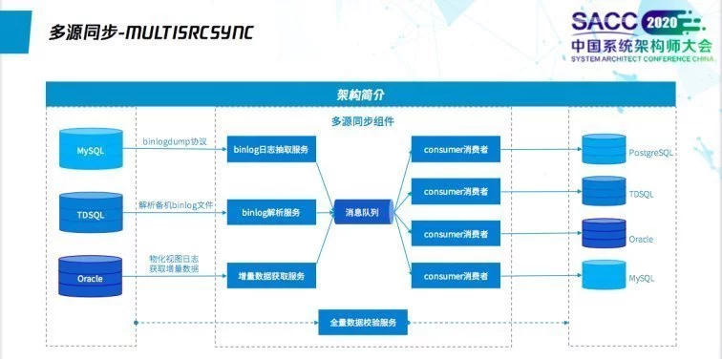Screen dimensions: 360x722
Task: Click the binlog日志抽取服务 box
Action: coord(271,149)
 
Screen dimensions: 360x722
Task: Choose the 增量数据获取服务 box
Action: coord(271,277)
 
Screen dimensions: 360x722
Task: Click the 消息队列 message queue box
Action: coord(362,213)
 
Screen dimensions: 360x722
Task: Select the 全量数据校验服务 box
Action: coord(362,323)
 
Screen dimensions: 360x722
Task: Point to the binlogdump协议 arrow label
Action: coord(175,141)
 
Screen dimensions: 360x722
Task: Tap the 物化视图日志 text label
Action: coord(176,258)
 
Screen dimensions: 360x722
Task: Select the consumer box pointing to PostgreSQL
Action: coord(456,149)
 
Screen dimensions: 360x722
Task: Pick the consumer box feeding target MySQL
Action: coord(456,277)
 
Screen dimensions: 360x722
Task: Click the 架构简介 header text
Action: coord(361,95)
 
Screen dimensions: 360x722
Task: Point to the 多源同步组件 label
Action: coord(362,121)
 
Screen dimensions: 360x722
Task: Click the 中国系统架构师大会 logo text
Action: coord(641,45)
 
